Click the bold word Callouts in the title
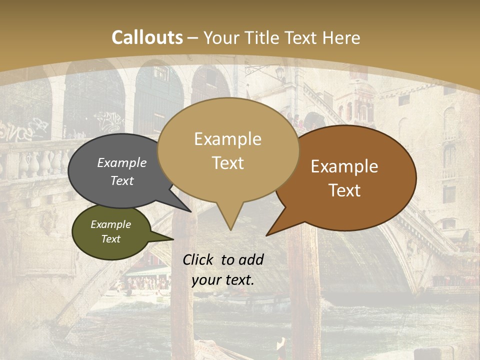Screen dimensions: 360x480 147,37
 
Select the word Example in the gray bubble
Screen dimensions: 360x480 122,163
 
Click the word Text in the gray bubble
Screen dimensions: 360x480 122,180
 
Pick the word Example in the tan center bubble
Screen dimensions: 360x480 227,139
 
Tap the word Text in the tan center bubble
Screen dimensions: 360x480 227,163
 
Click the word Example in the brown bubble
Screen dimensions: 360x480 344,166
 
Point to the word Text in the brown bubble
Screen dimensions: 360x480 345,190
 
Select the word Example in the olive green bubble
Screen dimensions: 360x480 110,224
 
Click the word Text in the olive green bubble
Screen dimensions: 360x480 110,239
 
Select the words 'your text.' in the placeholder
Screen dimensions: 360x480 223,280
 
